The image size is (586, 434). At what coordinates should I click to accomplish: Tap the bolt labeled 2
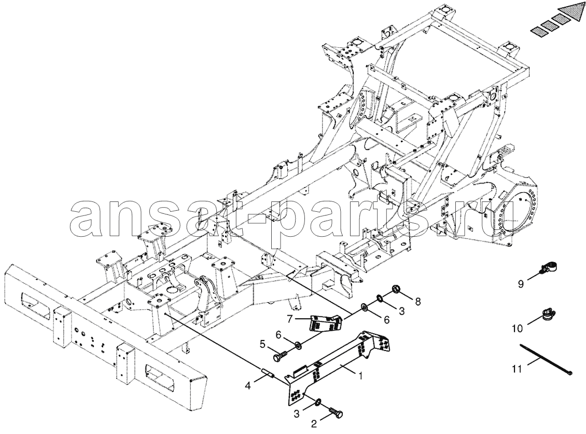[336, 413]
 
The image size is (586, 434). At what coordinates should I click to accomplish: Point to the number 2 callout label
[314, 424]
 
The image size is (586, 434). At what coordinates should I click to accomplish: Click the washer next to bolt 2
[318, 402]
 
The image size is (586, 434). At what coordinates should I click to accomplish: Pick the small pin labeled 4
[268, 374]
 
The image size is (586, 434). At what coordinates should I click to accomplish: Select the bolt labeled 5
[280, 356]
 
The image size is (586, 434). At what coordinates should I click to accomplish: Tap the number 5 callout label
[262, 344]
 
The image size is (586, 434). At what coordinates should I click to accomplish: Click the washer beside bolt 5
[298, 344]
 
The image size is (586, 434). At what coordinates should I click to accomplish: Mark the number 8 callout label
[417, 301]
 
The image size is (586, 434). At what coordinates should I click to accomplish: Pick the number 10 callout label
[518, 329]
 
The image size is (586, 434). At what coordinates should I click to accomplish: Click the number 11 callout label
[517, 369]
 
